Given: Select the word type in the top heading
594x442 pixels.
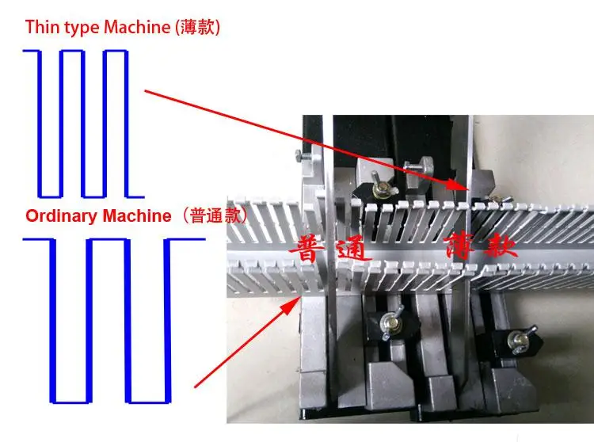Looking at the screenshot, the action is (77, 27).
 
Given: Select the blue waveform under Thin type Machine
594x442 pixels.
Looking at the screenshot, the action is (84, 123).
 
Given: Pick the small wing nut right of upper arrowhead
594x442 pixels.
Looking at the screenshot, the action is (495, 199).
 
